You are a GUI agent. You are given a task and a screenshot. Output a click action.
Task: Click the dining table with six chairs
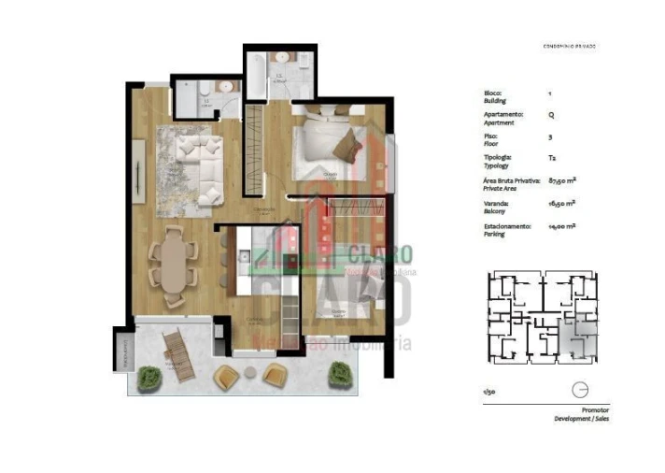175,264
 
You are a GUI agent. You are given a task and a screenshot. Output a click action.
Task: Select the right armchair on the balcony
274,376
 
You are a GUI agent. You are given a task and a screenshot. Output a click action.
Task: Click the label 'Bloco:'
493,93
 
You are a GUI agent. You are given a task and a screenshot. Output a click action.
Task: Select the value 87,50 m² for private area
560,180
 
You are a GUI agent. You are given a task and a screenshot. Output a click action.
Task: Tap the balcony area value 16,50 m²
560,203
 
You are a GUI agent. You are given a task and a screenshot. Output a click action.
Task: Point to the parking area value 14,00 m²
560,226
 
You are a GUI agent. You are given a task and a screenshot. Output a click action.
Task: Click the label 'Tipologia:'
499,158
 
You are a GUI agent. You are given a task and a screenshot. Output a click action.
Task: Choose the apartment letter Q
550,116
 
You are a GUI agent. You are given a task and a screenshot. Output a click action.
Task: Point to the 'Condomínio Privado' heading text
569,46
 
